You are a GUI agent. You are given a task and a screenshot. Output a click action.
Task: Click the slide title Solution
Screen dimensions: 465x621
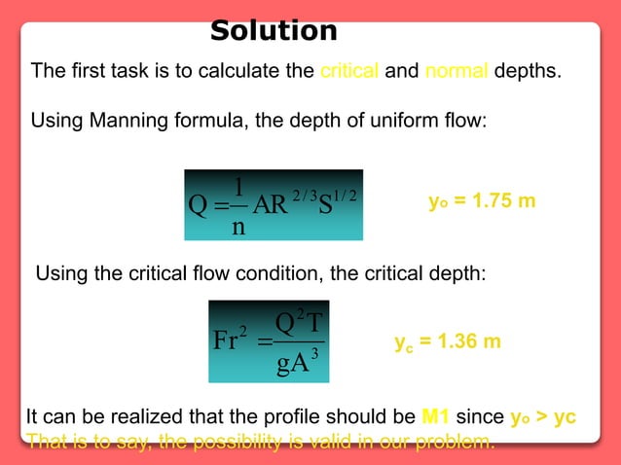point(274,31)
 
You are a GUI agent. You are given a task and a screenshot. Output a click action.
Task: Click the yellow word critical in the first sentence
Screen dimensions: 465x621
point(350,72)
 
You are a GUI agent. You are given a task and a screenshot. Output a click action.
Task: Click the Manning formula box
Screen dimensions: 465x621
point(274,205)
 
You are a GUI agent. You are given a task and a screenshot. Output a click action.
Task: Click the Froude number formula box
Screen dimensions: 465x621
point(275,338)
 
